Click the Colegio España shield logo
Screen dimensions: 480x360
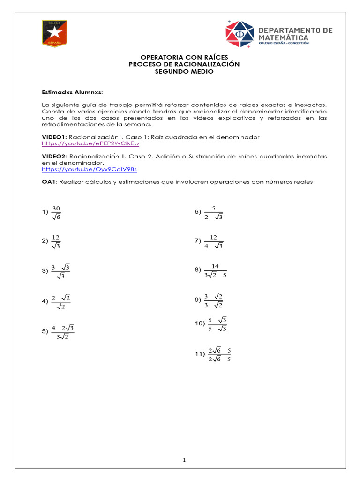tap(54, 33)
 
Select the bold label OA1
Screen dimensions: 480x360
tap(49, 182)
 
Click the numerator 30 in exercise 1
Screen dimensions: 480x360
tap(56, 208)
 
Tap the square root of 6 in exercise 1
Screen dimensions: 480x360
tap(56, 217)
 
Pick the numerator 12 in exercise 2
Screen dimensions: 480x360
tap(56, 237)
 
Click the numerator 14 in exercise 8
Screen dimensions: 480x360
tap(215, 266)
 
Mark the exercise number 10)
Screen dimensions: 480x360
tap(200, 323)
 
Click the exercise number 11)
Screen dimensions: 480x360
tap(200, 354)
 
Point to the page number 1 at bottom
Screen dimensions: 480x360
tap(185, 460)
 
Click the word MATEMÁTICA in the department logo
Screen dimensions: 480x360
tap(284, 37)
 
